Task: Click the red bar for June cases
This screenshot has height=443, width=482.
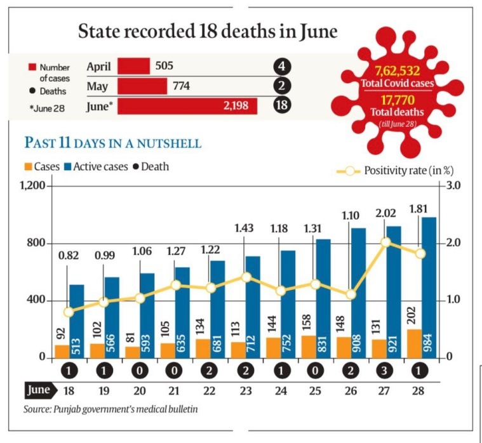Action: tap(187, 106)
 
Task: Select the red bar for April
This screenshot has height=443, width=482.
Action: tap(133, 66)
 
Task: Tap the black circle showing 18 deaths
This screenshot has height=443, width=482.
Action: tap(281, 106)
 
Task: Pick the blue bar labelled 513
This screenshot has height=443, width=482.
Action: tap(76, 321)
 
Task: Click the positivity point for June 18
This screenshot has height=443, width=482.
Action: tap(69, 312)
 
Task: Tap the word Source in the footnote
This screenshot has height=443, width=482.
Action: tap(37, 409)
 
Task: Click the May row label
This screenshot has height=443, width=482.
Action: tap(96, 86)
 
